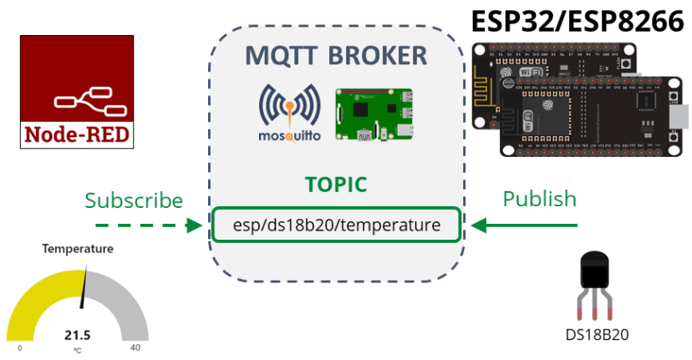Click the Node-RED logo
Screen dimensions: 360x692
click(77, 92)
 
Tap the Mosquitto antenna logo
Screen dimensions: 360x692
click(288, 114)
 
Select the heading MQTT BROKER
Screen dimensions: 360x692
click(336, 56)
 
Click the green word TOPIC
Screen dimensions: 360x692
click(336, 185)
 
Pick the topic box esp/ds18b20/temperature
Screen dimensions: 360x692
click(336, 225)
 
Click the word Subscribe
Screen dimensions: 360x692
click(134, 200)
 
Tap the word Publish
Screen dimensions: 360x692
click(539, 199)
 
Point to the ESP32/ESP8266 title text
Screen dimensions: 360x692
click(576, 22)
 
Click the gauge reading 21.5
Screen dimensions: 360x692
click(78, 335)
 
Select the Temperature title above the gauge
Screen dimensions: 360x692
click(78, 249)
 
